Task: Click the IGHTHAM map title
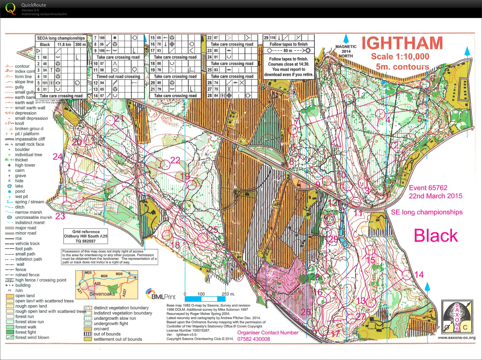(x=402, y=43)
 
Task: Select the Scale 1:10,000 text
(x=400, y=57)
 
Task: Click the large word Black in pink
(x=435, y=236)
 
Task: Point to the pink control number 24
(x=58, y=157)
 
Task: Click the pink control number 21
(x=119, y=118)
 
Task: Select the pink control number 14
(x=419, y=275)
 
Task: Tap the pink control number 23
(x=60, y=216)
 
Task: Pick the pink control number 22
(x=175, y=160)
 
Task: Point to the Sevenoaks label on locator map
(x=102, y=294)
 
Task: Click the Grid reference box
(x=86, y=236)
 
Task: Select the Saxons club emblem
(x=457, y=316)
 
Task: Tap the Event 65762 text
(x=428, y=188)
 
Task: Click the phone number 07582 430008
(x=253, y=339)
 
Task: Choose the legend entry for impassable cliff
(x=30, y=139)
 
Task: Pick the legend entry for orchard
(x=101, y=329)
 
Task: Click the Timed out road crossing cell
(x=118, y=77)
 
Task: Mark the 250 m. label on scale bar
(x=228, y=294)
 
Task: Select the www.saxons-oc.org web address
(x=456, y=338)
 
